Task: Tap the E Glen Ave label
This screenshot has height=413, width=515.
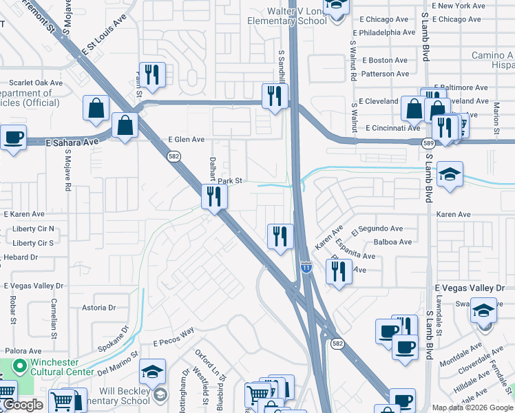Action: point(187,139)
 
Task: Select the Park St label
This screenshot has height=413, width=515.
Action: point(231,181)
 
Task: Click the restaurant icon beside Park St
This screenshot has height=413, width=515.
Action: point(213,196)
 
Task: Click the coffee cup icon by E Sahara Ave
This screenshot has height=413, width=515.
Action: point(12,137)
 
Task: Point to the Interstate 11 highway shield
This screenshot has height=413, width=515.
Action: point(306,266)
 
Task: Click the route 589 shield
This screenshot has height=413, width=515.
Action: point(428,142)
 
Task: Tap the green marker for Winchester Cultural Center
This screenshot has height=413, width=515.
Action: point(19,366)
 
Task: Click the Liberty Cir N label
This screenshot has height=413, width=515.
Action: point(33,229)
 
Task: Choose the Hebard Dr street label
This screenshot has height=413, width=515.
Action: point(21,257)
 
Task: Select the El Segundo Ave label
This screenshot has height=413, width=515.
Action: point(377,229)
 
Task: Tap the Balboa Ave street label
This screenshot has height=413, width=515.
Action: point(392,242)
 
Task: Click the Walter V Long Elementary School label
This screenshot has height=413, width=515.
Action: point(288,16)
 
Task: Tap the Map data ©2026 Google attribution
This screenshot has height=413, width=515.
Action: point(472,407)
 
